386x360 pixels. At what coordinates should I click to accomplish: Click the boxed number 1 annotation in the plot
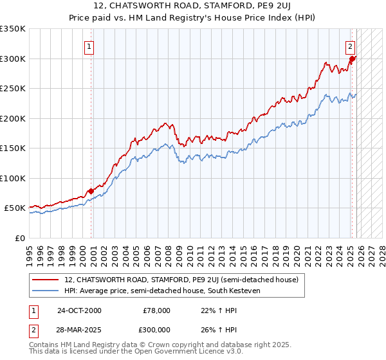click(x=89, y=46)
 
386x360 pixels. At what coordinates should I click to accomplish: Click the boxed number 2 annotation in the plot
click(x=350, y=46)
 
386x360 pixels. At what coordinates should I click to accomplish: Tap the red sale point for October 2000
click(x=91, y=191)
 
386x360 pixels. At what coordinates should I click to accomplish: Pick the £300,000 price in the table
click(x=156, y=329)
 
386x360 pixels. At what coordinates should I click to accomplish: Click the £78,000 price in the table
click(x=156, y=310)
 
